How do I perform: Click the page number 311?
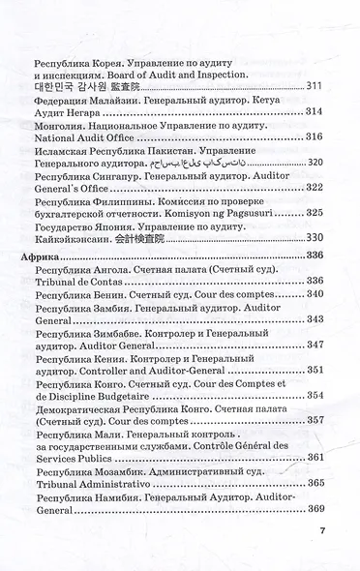312,87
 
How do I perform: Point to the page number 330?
312,237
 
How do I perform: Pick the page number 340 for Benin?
312,293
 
